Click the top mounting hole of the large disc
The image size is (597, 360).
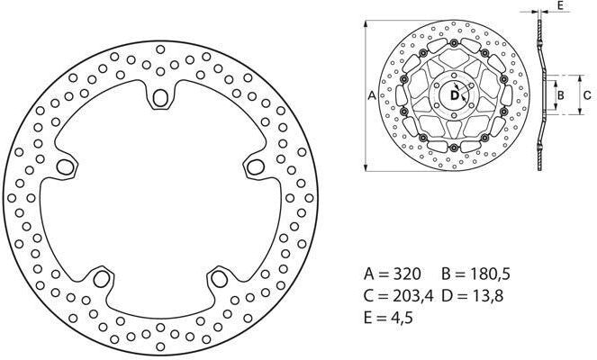161,96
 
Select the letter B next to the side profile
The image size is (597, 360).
559,94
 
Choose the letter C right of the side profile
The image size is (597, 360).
586,94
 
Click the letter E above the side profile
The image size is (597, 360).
559,5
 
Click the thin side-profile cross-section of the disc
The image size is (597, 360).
540,94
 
